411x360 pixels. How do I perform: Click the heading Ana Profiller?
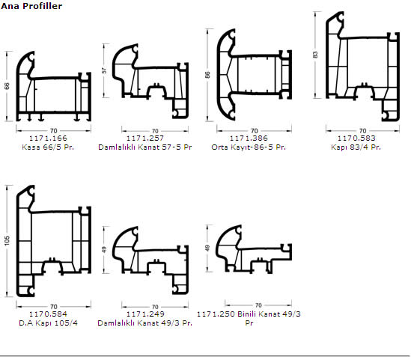point(31,6)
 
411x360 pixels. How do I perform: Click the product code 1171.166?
point(48,138)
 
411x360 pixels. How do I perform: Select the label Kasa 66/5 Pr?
point(48,147)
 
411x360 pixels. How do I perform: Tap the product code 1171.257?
point(145,138)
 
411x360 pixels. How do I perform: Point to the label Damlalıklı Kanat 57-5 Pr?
point(145,147)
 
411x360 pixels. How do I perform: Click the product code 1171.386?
point(249,138)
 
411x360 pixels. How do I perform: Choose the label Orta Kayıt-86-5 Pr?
point(249,147)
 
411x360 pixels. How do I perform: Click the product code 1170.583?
point(356,138)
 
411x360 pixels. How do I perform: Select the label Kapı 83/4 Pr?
point(356,147)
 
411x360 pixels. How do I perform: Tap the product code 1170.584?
point(48,314)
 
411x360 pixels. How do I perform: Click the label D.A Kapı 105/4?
point(48,323)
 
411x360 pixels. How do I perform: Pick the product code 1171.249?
point(145,314)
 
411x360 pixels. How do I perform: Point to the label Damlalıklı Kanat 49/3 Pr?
point(145,323)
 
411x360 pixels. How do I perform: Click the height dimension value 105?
point(7,240)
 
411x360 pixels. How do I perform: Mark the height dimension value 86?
point(207,75)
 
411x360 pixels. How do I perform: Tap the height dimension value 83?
point(315,55)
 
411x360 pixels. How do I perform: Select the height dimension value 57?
point(104,70)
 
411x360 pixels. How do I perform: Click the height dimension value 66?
point(7,86)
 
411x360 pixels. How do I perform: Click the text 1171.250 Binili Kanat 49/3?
point(249,314)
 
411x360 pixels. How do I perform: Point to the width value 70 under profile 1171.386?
point(255,130)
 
